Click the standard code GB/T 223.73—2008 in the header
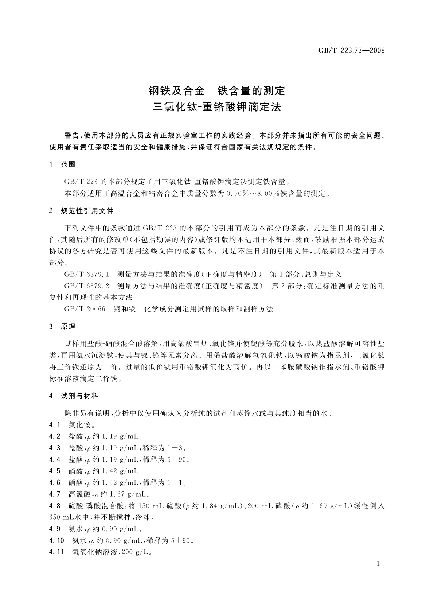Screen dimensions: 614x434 [351, 51]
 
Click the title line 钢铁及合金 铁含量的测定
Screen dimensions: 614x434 [217, 90]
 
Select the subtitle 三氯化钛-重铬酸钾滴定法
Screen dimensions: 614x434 [217, 107]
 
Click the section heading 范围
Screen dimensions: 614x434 [68, 164]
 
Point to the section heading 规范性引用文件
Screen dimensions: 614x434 [87, 211]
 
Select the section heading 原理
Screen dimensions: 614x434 [68, 326]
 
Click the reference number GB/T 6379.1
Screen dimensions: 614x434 [87, 275]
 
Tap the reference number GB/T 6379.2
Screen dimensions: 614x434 [87, 286]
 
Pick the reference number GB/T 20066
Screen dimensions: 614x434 [85, 309]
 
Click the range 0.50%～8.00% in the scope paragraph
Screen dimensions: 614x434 [255, 193]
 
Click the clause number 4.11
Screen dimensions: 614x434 [56, 552]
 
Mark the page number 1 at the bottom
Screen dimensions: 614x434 [378, 564]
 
